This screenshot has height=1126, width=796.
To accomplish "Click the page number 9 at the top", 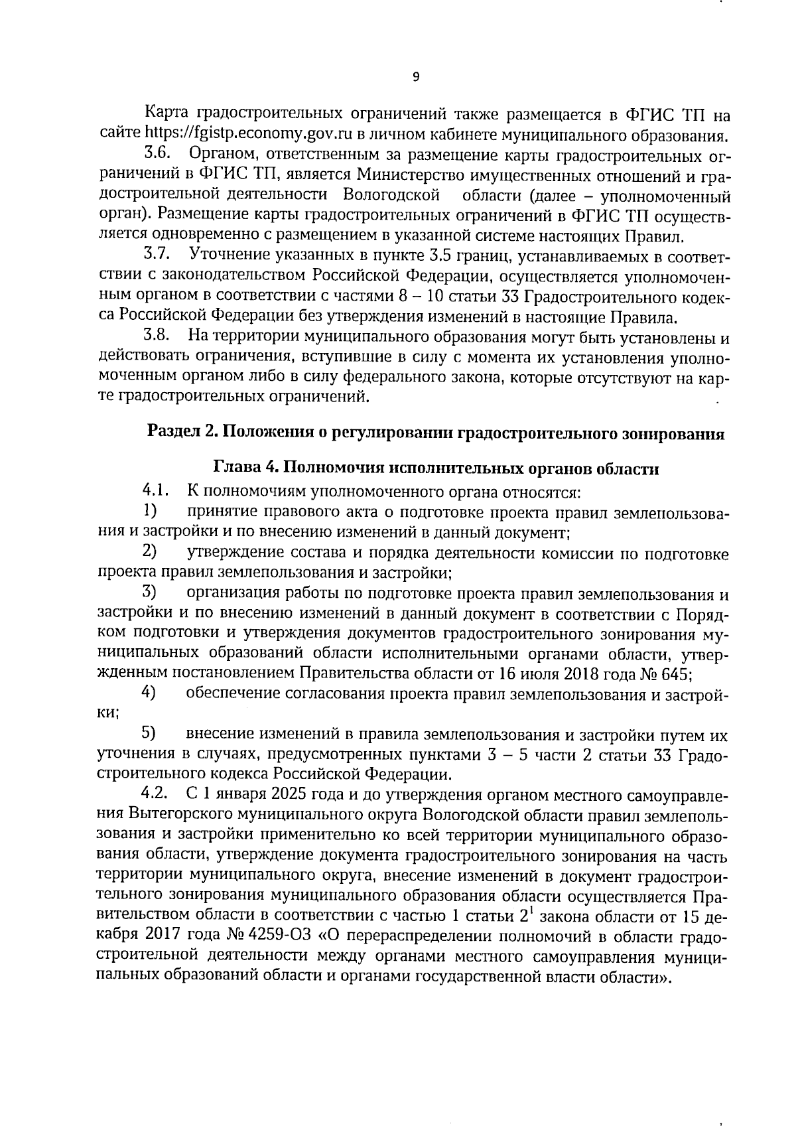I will [416, 77].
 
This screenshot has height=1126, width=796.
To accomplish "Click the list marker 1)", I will [150, 512].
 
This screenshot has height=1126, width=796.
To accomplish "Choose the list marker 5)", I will [150, 733].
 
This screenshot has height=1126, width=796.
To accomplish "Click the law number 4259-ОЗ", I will [298, 938].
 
